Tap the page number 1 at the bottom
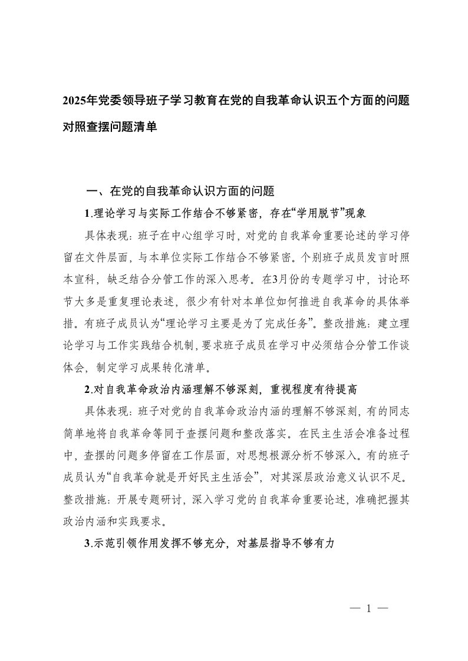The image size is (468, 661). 368,609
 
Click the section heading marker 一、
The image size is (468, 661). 95,191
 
